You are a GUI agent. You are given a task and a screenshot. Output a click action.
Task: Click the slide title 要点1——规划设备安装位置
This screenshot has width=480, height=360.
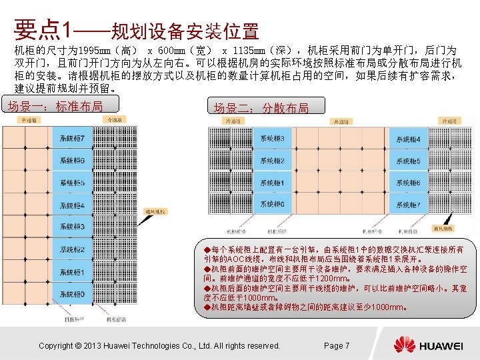(x=136, y=30)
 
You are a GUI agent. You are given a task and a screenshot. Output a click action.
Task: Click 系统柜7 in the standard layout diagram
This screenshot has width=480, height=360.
(x=73, y=138)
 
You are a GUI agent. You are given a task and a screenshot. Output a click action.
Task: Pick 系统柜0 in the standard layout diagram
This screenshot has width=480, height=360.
(x=73, y=294)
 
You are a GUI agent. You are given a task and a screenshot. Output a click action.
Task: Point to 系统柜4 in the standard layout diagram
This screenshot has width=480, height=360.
(x=73, y=205)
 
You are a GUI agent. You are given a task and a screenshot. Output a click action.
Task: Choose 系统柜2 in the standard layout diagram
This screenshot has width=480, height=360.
(x=73, y=250)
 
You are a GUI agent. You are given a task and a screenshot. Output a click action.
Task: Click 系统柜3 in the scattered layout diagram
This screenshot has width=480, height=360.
(x=272, y=139)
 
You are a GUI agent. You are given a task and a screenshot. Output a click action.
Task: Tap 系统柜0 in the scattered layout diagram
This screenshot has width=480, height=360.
(x=272, y=205)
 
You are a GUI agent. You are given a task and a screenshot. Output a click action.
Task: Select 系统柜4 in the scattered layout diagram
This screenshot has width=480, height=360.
(x=409, y=139)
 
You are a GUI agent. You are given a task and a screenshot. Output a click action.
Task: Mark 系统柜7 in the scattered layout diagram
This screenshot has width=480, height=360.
(x=409, y=205)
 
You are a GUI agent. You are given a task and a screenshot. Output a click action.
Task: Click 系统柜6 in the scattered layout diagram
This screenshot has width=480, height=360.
(x=409, y=183)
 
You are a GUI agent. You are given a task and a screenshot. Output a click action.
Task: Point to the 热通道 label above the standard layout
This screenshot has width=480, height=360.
(x=30, y=120)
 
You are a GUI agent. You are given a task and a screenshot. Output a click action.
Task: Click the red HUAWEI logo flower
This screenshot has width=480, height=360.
(x=404, y=345)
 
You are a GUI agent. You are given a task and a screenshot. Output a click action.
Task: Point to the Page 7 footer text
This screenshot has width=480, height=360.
(x=336, y=345)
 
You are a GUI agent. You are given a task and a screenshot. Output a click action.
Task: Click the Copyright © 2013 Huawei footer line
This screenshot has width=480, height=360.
(x=159, y=345)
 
